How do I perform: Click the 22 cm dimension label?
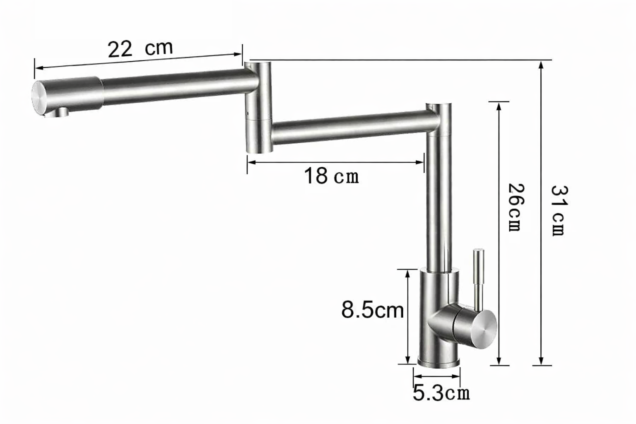coord(140,48)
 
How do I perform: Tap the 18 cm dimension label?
coord(331,176)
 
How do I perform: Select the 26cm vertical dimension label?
coord(516,207)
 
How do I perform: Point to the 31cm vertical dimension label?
coord(559,210)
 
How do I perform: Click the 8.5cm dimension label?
coord(372,310)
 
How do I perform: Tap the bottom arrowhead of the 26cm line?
coord(499,362)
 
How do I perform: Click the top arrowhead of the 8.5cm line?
coord(408,272)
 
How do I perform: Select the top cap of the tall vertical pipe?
coord(439,105)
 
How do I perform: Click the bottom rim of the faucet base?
coord(438,364)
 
